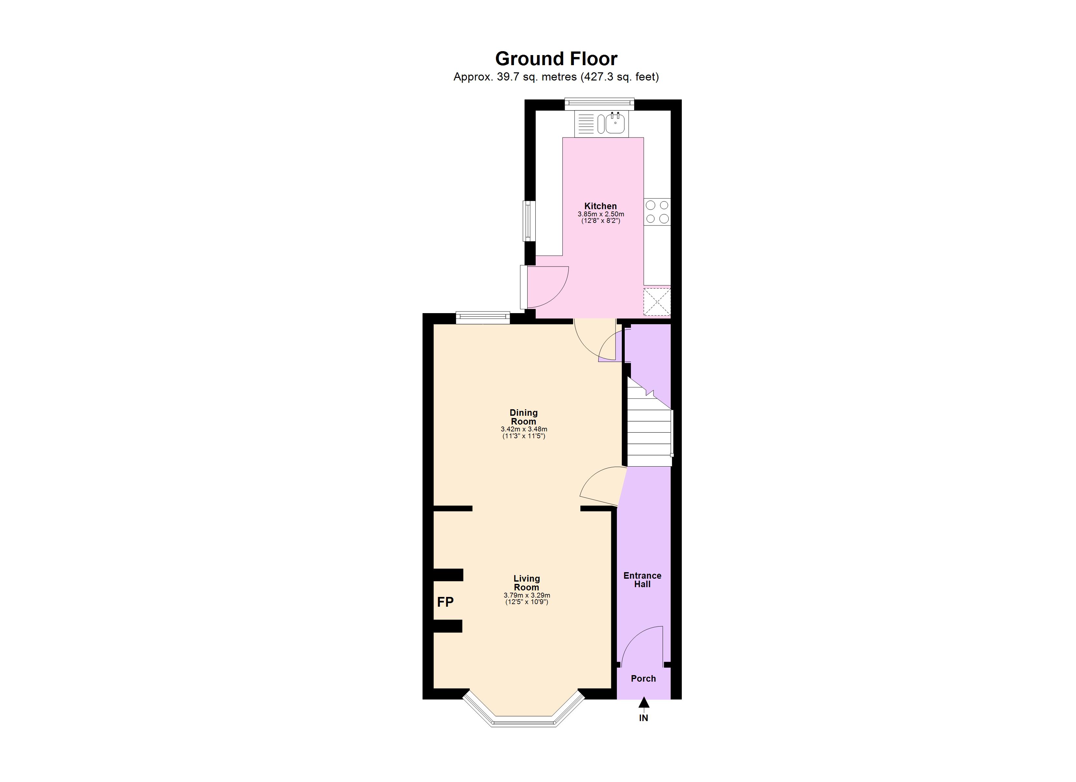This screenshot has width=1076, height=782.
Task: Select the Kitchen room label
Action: click(x=600, y=206)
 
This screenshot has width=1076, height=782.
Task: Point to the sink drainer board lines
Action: click(x=586, y=124)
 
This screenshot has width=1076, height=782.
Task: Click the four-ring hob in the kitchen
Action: click(x=657, y=211)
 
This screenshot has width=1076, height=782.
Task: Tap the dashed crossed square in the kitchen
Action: click(x=657, y=302)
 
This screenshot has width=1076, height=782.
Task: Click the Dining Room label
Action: click(x=524, y=417)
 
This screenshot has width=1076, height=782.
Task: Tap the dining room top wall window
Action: click(x=483, y=318)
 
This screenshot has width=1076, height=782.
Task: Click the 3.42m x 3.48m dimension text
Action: click(x=524, y=429)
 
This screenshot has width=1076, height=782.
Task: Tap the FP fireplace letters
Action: click(x=445, y=602)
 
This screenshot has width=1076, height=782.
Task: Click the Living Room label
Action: click(x=527, y=583)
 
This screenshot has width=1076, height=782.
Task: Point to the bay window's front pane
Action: click(x=524, y=723)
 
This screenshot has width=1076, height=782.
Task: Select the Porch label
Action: click(x=643, y=679)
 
